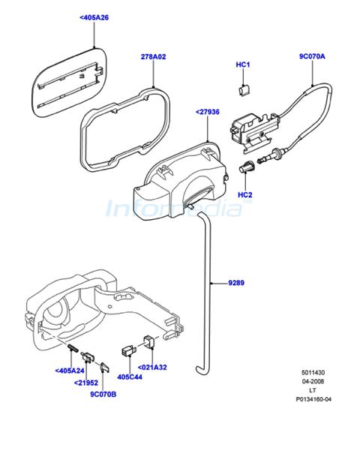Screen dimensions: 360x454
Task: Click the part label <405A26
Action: pyautogui.click(x=94, y=18)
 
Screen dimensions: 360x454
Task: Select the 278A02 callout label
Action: pyautogui.click(x=154, y=57)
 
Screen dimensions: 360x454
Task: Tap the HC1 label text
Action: pyautogui.click(x=243, y=65)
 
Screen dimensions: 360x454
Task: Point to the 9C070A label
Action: pyautogui.click(x=312, y=56)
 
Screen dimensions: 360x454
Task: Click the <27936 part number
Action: pyautogui.click(x=208, y=112)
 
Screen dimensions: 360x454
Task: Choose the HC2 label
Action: pyautogui.click(x=244, y=195)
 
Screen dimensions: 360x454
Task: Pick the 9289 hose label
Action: pyautogui.click(x=236, y=283)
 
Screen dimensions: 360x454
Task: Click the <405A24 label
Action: pyautogui.click(x=70, y=371)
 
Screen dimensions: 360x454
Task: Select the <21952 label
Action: pyautogui.click(x=86, y=383)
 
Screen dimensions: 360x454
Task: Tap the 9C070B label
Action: pyautogui.click(x=103, y=395)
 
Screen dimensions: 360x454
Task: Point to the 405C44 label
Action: pyautogui.click(x=130, y=377)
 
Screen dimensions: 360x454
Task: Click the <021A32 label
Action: pyautogui.click(x=152, y=367)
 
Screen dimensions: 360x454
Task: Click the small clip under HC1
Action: pyautogui.click(x=244, y=90)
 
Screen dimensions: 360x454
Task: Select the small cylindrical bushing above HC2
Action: pyautogui.click(x=246, y=167)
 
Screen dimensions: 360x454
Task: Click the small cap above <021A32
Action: pyautogui.click(x=149, y=341)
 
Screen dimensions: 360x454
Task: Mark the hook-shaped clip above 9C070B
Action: pyautogui.click(x=104, y=367)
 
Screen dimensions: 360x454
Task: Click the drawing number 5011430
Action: pyautogui.click(x=313, y=372)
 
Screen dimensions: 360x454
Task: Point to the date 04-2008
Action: pyautogui.click(x=313, y=381)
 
